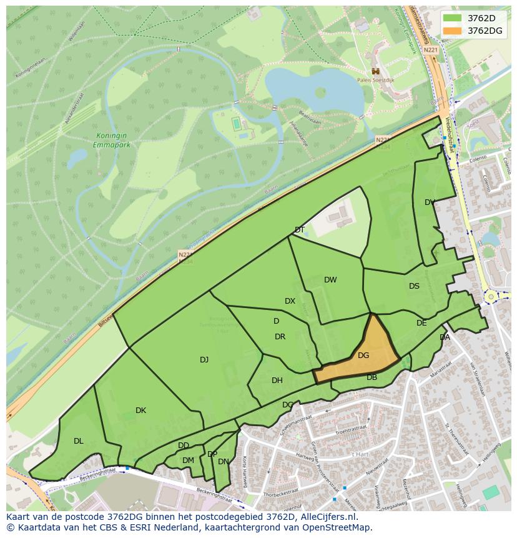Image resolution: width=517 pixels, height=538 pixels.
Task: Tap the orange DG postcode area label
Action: (363, 356)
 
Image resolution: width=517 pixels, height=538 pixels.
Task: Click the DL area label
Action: (78, 441)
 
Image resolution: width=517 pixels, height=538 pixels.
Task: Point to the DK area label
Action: (140, 411)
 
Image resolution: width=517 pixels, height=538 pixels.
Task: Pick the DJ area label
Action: (204, 359)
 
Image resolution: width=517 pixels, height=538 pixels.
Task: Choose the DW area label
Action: (330, 280)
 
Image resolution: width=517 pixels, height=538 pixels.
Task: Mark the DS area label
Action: (414, 286)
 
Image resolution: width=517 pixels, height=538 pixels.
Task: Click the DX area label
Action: (290, 301)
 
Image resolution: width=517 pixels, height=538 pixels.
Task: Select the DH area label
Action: (277, 381)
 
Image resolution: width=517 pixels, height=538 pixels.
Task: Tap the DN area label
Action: (223, 462)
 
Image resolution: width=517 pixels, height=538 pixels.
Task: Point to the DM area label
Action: (188, 461)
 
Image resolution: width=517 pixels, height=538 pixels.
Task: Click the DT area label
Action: (300, 230)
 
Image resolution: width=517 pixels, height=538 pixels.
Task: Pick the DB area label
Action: (372, 377)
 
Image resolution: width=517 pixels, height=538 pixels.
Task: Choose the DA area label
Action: (445, 337)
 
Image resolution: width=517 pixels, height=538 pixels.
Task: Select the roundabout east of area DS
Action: (491, 296)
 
